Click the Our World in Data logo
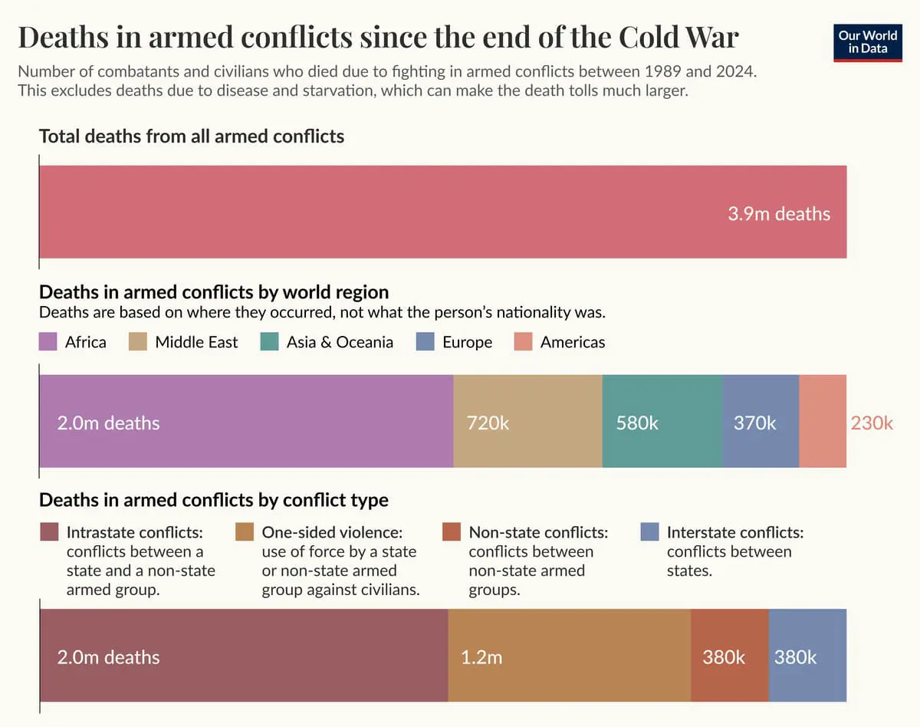tap(868, 42)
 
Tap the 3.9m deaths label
tap(779, 213)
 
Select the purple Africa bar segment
tap(245, 421)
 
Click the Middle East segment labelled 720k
tap(527, 421)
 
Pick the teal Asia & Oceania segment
tap(662, 421)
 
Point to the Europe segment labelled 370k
tap(761, 421)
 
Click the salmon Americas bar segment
tap(823, 421)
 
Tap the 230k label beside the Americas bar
tap(872, 423)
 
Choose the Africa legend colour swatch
tap(48, 342)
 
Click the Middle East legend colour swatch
tap(137, 342)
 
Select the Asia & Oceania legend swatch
tap(270, 342)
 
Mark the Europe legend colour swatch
tap(425, 342)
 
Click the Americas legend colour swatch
tap(523, 342)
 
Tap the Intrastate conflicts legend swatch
tap(49, 532)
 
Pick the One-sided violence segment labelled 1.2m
tap(569, 656)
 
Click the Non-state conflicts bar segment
tap(729, 656)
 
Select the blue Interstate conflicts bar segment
tap(807, 656)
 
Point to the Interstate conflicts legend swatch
tap(649, 532)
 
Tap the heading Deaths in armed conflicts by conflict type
tap(214, 500)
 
